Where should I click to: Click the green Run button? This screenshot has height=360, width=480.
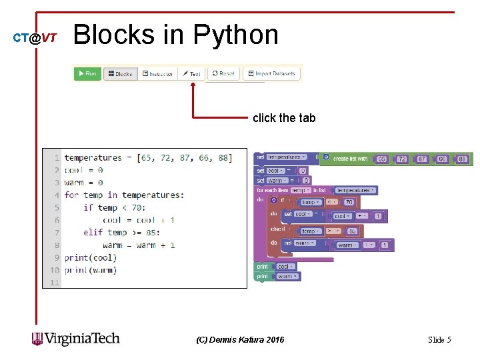coord(87,73)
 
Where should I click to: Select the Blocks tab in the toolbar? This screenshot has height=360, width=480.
coord(120,73)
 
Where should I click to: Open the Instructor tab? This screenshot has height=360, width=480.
coord(157,73)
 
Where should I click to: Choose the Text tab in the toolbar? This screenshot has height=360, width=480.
coord(192,73)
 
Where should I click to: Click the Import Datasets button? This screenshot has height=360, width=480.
coord(271,73)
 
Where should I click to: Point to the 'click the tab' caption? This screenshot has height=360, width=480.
coord(284,118)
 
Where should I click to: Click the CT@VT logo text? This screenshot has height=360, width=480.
coord(35,38)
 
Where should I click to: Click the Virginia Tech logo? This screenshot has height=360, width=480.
coord(76,339)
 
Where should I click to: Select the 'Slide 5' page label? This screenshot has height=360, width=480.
coord(439,340)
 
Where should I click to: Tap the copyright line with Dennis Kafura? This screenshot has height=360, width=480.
coord(240,340)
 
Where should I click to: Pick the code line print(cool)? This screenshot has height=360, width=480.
coord(90,257)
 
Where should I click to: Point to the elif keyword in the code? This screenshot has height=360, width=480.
coord(93,233)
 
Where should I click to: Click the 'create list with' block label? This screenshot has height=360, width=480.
coord(350,159)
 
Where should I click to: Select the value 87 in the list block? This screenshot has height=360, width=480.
coord(422,159)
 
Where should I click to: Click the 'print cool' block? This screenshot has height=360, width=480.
coord(273,267)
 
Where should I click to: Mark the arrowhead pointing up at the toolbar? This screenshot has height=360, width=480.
coord(193,86)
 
